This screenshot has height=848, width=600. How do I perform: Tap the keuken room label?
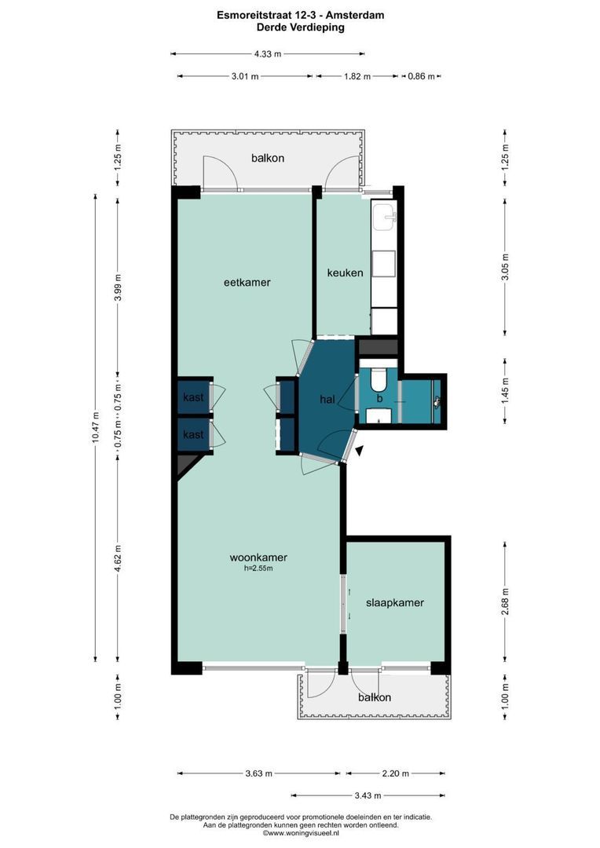click(x=345, y=272)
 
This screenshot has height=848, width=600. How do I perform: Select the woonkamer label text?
click(x=258, y=557)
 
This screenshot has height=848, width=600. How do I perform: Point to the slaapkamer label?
click(x=395, y=603)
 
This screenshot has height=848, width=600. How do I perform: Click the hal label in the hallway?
click(x=327, y=400)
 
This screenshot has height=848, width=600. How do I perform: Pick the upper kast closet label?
click(x=193, y=397)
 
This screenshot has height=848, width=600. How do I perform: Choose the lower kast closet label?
click(x=193, y=434)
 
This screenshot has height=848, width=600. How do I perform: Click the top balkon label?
click(x=268, y=158)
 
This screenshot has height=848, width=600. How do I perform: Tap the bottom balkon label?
click(x=374, y=697)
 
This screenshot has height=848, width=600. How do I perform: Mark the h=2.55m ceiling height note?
click(x=258, y=568)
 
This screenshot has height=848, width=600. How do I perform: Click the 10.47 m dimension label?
click(x=96, y=428)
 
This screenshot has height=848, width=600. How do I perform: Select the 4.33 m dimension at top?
click(x=267, y=54)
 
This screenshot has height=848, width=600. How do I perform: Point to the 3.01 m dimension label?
click(x=245, y=76)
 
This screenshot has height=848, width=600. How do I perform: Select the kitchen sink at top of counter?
click(x=384, y=217)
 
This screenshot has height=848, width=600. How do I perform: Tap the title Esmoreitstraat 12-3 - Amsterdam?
click(x=301, y=15)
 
